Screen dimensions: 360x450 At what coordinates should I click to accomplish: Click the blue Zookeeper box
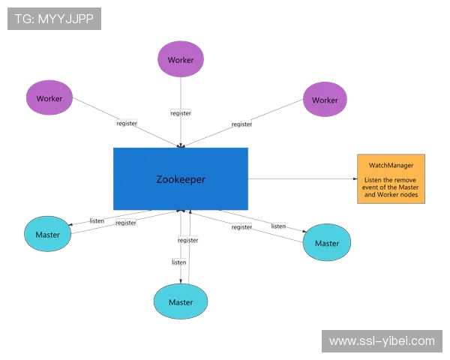[x=180, y=178]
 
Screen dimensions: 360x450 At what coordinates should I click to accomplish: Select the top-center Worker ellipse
[x=181, y=58]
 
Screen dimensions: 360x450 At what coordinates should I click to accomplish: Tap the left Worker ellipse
[x=49, y=97]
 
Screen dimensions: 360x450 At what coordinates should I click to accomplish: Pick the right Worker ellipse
[x=325, y=100]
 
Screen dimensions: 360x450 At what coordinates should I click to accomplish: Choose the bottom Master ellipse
[x=181, y=301]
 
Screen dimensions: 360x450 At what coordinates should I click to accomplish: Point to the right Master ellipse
[x=326, y=243]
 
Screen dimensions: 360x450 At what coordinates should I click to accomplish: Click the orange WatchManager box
[x=390, y=178]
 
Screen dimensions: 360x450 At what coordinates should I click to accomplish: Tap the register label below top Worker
[x=181, y=112]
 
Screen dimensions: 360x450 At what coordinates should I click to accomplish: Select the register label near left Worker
[x=126, y=122]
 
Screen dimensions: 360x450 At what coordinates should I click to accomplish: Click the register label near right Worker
[x=241, y=124]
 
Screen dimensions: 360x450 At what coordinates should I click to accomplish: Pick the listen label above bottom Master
[x=178, y=262]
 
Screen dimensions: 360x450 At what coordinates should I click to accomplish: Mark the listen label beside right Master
[x=278, y=226]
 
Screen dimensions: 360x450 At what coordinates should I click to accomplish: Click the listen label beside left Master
[x=97, y=220]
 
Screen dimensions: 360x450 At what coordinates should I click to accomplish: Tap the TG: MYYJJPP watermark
[x=54, y=19]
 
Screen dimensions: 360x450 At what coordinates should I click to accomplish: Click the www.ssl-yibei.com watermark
[x=381, y=341]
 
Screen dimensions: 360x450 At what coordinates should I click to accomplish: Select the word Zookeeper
[x=180, y=179]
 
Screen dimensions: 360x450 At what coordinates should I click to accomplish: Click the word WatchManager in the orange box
[x=390, y=164]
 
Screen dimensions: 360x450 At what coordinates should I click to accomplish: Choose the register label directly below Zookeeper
[x=187, y=240]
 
